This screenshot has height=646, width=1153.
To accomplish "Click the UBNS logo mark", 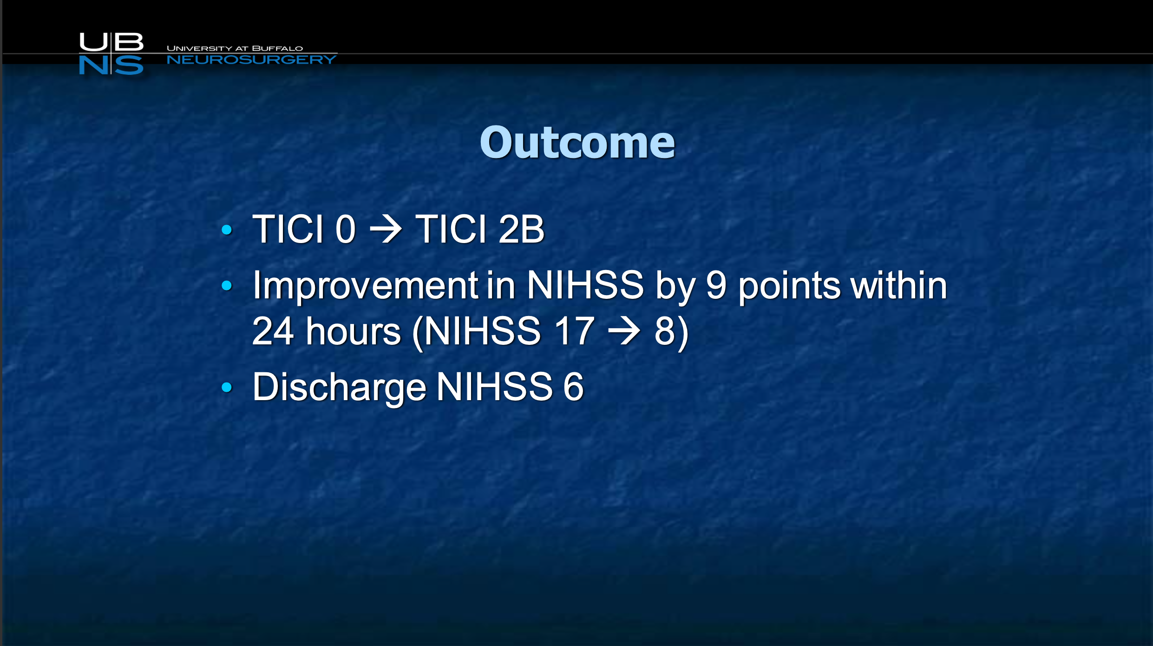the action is (111, 53).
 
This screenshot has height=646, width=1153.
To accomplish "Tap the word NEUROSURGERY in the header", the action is (251, 59).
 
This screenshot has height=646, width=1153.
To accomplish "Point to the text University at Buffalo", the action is (235, 48).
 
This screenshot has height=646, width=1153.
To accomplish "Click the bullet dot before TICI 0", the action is (227, 229).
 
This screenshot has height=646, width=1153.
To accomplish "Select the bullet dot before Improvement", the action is (227, 285).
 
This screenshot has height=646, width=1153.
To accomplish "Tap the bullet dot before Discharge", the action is (227, 387).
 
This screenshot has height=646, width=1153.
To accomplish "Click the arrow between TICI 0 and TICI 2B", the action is (386, 229).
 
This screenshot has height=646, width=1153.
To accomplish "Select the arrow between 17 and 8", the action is (624, 331).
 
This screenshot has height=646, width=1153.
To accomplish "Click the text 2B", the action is (521, 229).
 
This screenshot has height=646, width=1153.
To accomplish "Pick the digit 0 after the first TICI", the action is (346, 229).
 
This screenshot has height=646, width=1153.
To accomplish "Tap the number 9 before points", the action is (716, 285).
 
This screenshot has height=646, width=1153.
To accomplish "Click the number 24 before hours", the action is (273, 331).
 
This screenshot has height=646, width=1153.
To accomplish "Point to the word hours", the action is (354, 331).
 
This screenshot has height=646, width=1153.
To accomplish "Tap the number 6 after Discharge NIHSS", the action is (574, 387).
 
